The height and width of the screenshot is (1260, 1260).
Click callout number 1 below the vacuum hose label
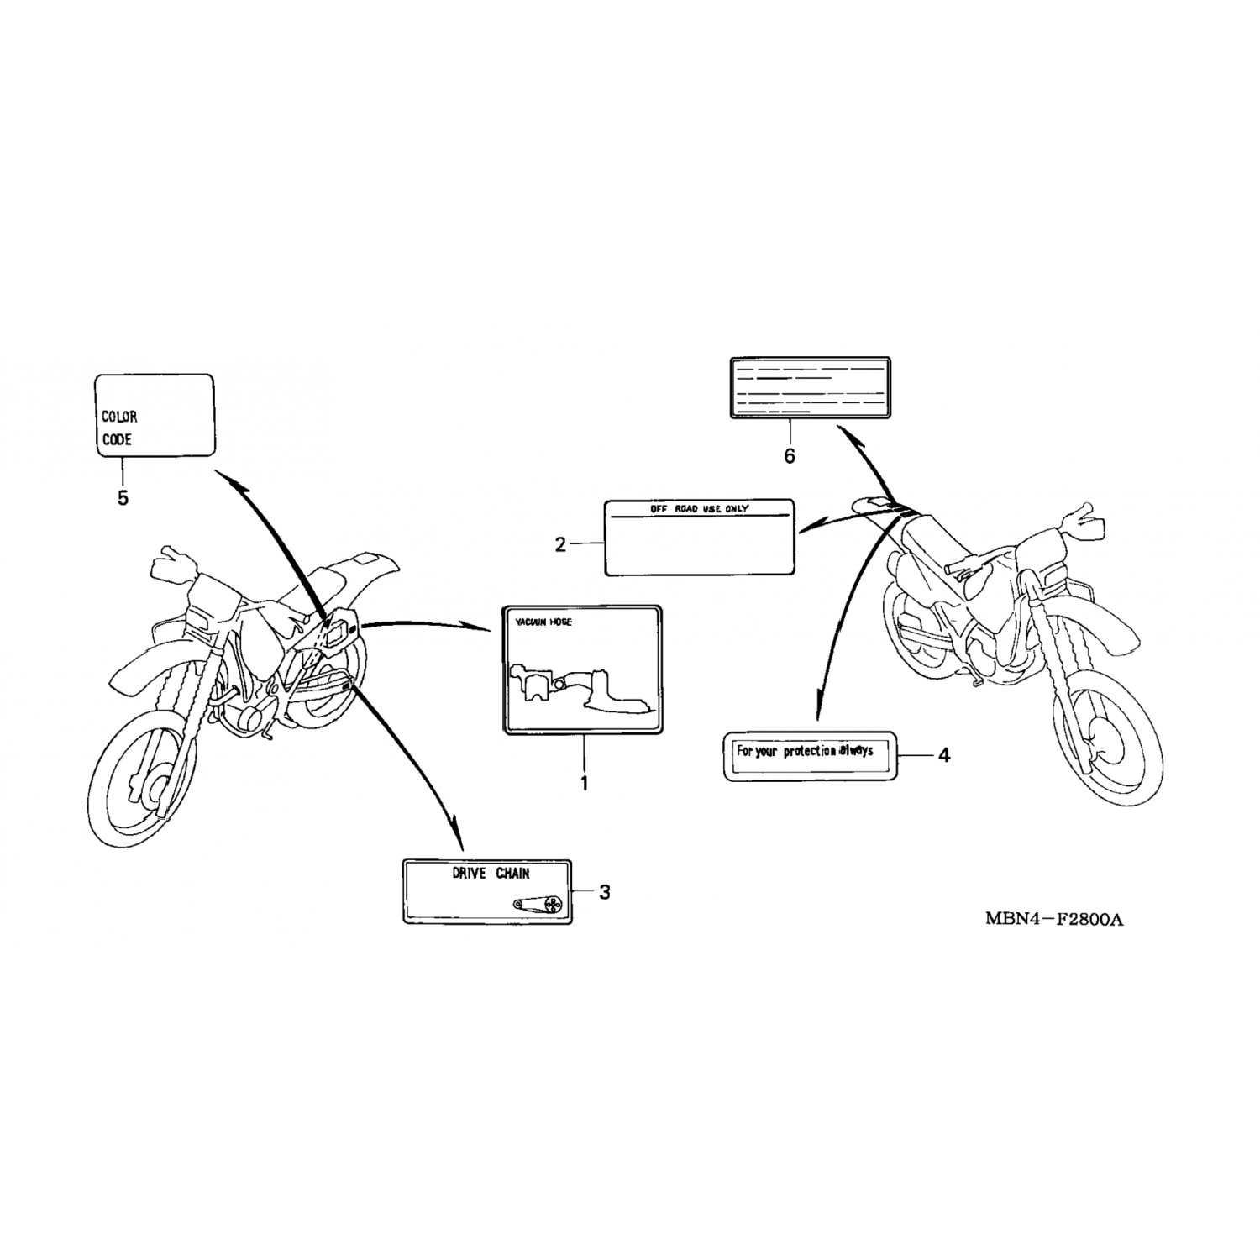tap(584, 783)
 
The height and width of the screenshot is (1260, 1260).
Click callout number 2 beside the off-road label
tap(560, 544)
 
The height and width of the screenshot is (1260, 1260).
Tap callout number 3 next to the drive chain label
tap(604, 892)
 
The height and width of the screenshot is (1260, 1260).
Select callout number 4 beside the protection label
tap(943, 755)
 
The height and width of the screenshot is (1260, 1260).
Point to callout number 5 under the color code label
tap(123, 498)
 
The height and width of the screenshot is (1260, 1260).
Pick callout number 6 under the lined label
tap(789, 456)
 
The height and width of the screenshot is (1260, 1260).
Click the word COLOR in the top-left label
tap(119, 417)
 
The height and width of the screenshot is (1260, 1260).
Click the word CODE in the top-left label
tap(117, 439)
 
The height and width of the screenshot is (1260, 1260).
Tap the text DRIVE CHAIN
tap(491, 874)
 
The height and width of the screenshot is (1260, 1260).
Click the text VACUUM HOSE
tap(543, 622)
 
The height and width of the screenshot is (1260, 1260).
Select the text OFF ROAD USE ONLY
tap(699, 509)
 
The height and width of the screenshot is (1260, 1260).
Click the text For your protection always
tap(804, 751)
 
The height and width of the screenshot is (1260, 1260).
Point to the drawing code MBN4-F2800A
tap(1054, 918)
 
